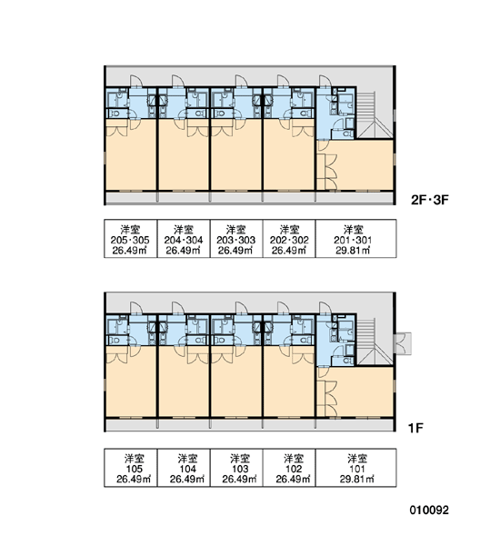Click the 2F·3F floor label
tap(430, 200)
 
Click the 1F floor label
tap(415, 428)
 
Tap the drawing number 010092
tap(429, 510)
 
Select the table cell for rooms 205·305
tap(131, 238)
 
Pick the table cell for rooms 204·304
tap(184, 238)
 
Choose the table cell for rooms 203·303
tap(236, 238)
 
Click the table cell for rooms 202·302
tap(289, 238)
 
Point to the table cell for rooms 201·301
tap(356, 238)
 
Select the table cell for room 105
tap(131, 468)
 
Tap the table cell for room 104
tap(184, 468)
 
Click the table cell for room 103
tap(236, 468)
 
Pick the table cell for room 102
tap(289, 468)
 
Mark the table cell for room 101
tap(356, 468)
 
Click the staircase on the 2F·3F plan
tap(375, 115)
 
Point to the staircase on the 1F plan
tap(375, 342)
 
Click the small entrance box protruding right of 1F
tap(403, 343)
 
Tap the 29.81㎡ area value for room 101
tap(356, 480)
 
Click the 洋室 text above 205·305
tap(130, 230)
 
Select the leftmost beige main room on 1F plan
tap(131, 381)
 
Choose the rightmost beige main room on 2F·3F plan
tap(355, 164)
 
